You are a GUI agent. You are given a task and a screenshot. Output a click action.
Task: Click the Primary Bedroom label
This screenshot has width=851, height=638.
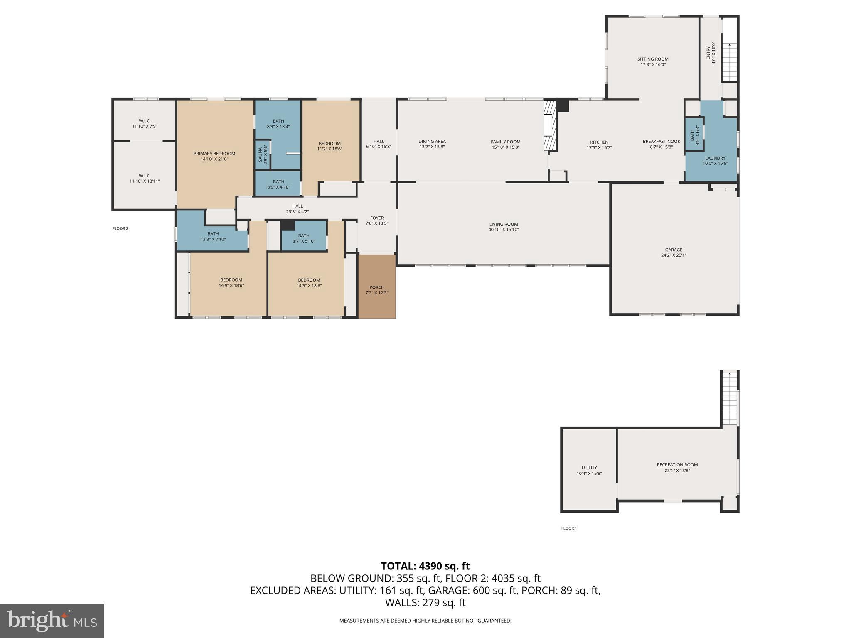click(214, 154)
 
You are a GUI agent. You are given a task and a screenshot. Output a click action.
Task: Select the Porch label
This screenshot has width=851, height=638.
click(377, 287)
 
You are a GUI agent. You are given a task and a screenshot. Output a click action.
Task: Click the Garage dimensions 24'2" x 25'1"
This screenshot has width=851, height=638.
click(674, 255)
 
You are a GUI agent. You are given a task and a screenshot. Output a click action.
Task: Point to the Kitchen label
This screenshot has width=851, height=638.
click(599, 142)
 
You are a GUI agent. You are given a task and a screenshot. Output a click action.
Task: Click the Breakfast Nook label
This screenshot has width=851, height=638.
click(662, 141)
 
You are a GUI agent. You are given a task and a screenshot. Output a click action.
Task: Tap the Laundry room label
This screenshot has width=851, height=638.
click(715, 158)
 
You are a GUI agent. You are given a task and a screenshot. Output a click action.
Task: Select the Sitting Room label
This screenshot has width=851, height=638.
click(653, 59)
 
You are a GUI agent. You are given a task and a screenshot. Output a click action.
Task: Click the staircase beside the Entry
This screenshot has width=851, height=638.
click(729, 62)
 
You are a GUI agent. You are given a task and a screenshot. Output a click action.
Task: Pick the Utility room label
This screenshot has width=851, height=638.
click(589, 467)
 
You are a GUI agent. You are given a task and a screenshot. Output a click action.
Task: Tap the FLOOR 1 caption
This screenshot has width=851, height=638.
click(569, 528)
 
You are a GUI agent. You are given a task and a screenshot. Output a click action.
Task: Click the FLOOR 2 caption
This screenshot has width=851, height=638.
click(121, 228)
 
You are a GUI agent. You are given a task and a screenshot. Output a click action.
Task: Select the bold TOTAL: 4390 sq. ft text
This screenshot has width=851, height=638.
click(425, 566)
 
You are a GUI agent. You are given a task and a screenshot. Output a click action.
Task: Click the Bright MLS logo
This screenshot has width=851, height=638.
click(52, 621)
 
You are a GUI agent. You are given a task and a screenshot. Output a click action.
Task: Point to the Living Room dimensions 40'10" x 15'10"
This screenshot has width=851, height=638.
click(504, 230)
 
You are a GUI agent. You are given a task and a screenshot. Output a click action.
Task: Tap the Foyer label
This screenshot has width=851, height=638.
click(377, 218)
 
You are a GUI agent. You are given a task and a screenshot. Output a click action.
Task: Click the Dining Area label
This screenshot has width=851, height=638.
click(432, 142)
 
